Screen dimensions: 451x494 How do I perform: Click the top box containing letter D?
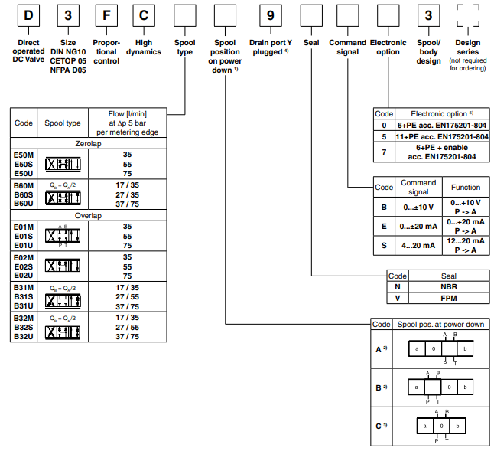coord(28,15)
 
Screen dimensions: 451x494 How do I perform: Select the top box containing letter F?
coord(106,15)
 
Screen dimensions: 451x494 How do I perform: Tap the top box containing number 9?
coord(269,15)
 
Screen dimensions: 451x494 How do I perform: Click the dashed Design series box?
coord(466,15)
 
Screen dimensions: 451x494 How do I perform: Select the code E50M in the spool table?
coord(24,155)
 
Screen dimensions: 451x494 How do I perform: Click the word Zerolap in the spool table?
coord(88,144)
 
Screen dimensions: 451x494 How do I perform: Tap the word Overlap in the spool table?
coord(88,216)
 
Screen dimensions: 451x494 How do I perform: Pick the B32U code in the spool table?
coord(24,336)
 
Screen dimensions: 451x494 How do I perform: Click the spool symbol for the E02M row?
coord(63,266)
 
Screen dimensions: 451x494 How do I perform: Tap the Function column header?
coord(466,187)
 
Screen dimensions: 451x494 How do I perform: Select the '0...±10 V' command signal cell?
coord(418,207)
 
